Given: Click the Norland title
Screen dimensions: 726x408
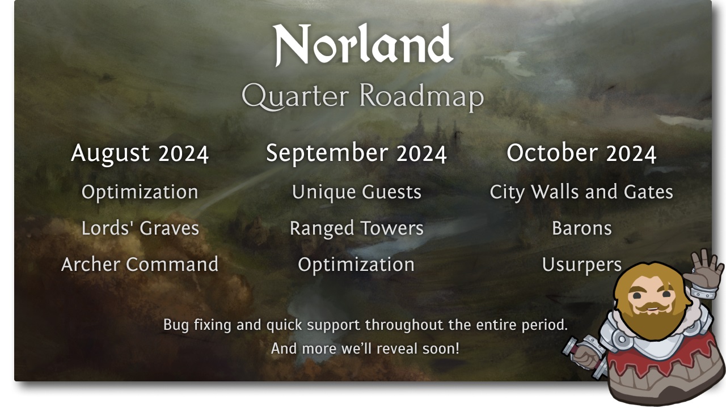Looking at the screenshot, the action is coord(363,44).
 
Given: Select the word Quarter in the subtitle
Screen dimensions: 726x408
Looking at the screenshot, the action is coord(296,96).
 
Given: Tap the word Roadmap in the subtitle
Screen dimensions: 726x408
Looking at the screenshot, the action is coord(422,96).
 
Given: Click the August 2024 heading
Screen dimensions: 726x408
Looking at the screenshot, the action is coord(140,153).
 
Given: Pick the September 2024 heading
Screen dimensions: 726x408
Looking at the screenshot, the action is coord(357,153).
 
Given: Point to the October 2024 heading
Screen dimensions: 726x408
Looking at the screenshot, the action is coord(581,152).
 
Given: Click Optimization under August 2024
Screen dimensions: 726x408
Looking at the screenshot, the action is coord(140,192).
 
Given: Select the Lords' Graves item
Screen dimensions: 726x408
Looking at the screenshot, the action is coord(140,228).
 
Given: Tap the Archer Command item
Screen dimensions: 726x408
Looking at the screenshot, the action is coord(140,264).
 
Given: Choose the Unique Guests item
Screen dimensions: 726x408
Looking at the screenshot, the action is coord(357,192).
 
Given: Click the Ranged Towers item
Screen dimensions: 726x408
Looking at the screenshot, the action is coord(357,229).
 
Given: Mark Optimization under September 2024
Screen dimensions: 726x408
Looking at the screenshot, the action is coord(356,265).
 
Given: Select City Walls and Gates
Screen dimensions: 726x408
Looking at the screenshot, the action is coord(581,192).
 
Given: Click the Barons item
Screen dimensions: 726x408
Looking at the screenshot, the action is coord(582,228).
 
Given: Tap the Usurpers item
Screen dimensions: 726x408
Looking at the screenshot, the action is coord(582,265).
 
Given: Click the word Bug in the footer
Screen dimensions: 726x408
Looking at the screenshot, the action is coord(176,325).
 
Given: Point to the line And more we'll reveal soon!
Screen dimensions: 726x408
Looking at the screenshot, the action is coord(365,348).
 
